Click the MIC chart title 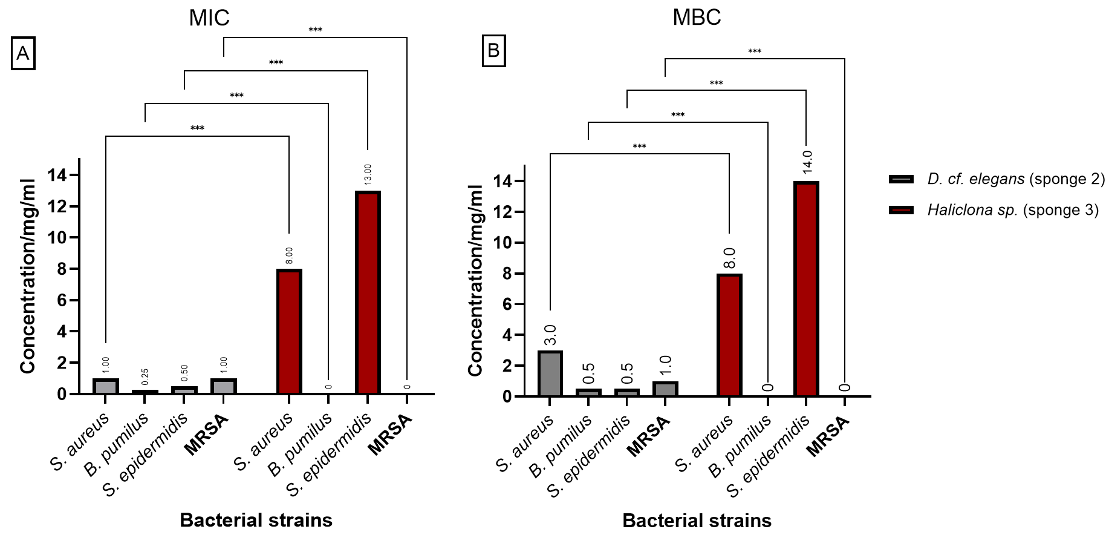click(x=209, y=18)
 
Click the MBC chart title click(x=697, y=18)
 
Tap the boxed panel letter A click(x=23, y=54)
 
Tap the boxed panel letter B click(x=493, y=51)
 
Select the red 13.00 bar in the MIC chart click(x=368, y=293)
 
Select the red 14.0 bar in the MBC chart click(x=806, y=289)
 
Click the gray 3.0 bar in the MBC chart click(x=550, y=373)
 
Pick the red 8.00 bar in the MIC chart click(x=289, y=332)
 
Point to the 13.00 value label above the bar click(x=368, y=174)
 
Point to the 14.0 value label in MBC click(x=807, y=162)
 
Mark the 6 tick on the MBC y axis click(x=507, y=304)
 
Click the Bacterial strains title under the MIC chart click(x=256, y=520)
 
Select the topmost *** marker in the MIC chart click(x=315, y=30)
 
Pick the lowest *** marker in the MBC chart click(x=639, y=146)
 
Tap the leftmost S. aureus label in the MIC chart click(x=80, y=442)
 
